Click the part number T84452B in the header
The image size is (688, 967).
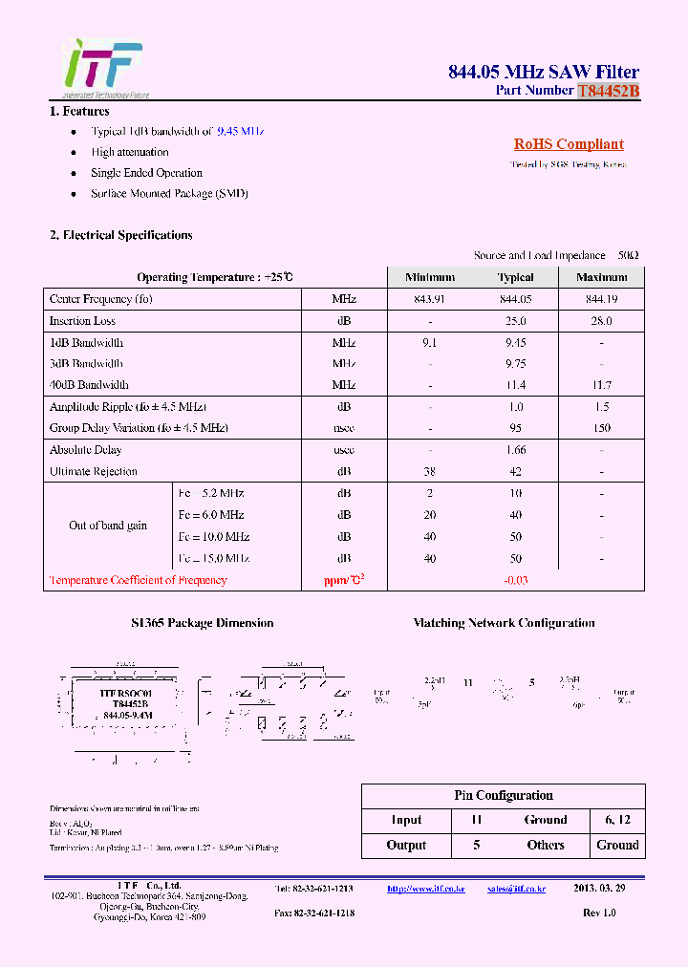click(608, 91)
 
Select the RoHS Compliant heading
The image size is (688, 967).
click(569, 144)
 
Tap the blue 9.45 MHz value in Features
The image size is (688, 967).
click(240, 131)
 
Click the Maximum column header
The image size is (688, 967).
click(601, 277)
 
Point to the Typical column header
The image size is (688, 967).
click(515, 277)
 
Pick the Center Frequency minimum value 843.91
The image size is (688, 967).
click(430, 299)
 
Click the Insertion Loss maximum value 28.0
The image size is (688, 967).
click(601, 321)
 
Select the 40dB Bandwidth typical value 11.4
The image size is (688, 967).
click(515, 385)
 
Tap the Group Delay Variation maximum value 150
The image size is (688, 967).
click(601, 428)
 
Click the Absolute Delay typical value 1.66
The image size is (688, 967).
click(515, 449)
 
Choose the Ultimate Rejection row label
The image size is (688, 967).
click(94, 471)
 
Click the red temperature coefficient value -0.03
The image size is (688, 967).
click(515, 580)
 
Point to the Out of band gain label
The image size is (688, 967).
click(108, 526)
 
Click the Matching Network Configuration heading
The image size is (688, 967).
click(504, 623)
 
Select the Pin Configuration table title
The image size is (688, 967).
click(503, 795)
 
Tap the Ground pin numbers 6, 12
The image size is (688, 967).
click(617, 820)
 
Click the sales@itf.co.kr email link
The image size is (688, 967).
click(516, 889)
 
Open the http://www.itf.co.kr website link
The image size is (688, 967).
click(425, 889)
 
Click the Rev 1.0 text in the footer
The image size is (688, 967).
click(599, 913)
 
